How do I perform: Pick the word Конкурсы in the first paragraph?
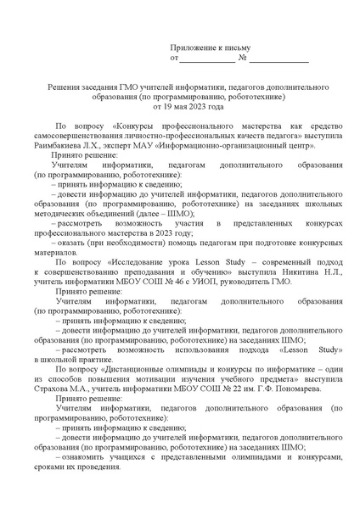(x=127, y=126)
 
